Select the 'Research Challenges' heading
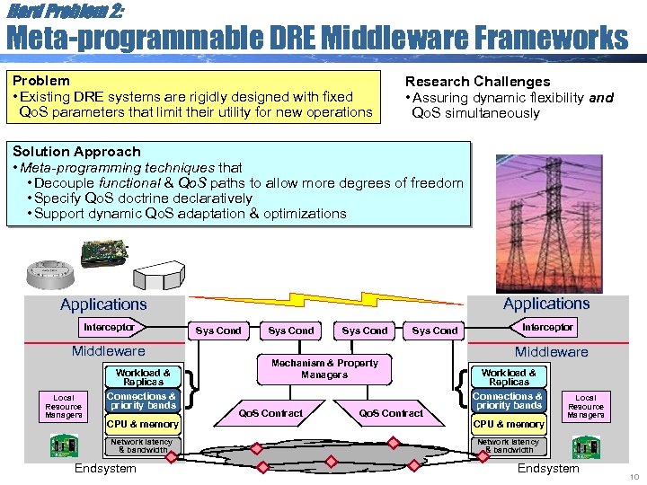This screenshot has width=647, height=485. [x=477, y=82]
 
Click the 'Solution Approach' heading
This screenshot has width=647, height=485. [x=76, y=152]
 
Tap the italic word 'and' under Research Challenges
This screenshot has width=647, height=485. [x=601, y=97]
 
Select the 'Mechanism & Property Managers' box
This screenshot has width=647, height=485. [x=324, y=368]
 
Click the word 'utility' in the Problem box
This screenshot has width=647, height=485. [x=260, y=112]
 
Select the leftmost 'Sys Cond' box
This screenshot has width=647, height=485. [x=218, y=331]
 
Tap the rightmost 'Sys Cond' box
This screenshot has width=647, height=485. [x=434, y=331]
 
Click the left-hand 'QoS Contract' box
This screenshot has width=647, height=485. [x=270, y=413]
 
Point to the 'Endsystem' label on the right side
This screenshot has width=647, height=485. [x=548, y=468]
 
